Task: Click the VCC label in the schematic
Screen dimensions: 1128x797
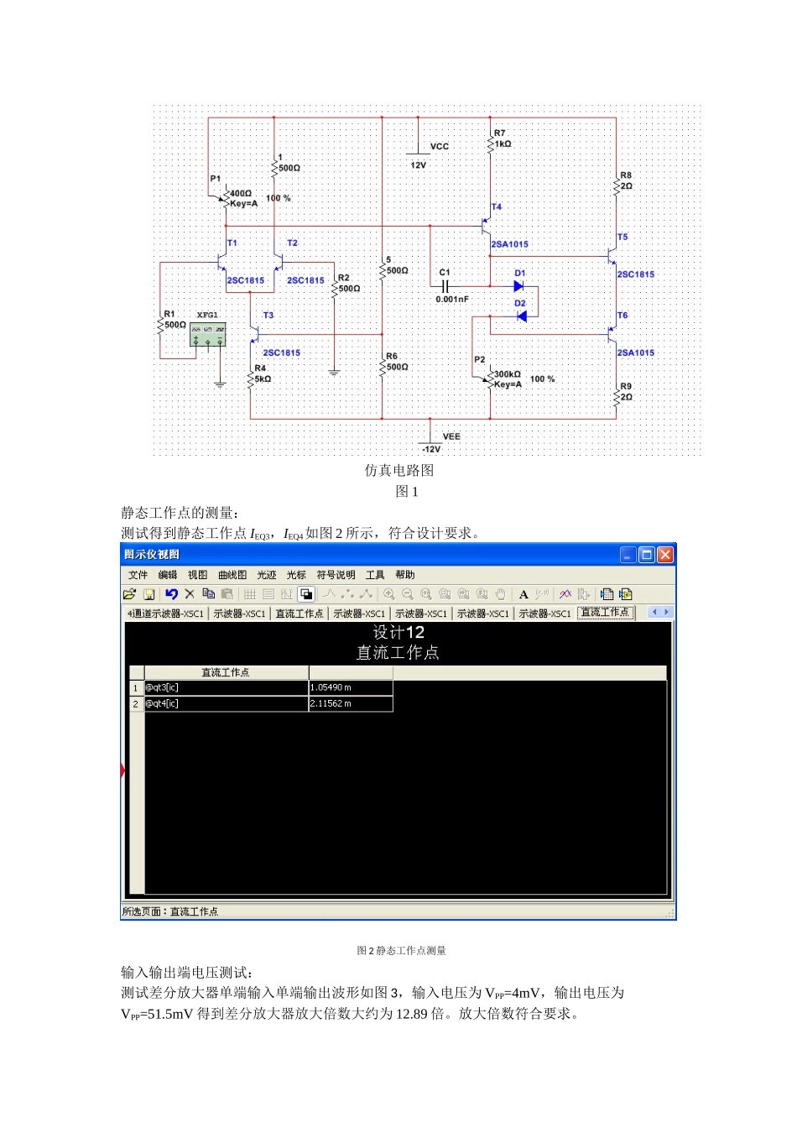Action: tap(439, 146)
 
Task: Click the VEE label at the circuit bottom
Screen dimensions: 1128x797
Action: tap(451, 436)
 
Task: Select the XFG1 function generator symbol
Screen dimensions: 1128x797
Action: tap(207, 335)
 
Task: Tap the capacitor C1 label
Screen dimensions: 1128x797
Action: tap(445, 272)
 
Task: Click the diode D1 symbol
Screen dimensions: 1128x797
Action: tap(518, 285)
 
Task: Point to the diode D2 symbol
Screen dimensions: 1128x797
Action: tap(522, 316)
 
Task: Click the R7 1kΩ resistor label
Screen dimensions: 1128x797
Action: tap(502, 138)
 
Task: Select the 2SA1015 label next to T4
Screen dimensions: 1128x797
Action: tap(510, 244)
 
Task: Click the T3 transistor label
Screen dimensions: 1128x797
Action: tap(268, 316)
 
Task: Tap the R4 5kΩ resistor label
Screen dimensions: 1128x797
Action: tap(262, 373)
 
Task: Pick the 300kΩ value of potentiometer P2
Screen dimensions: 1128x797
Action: tap(508, 374)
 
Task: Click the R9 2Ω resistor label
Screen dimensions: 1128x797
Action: tap(626, 392)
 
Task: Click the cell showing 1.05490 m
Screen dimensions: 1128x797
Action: tap(350, 687)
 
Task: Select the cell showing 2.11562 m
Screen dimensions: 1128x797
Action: tap(350, 703)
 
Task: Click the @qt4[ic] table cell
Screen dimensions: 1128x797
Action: tap(226, 703)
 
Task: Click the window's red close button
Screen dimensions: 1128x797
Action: tap(665, 555)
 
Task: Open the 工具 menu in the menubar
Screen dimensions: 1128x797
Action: tap(375, 575)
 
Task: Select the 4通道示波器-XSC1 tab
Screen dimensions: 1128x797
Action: tap(165, 614)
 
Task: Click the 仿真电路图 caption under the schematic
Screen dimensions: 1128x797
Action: tap(398, 471)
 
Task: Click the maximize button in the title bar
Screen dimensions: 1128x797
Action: tap(647, 555)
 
